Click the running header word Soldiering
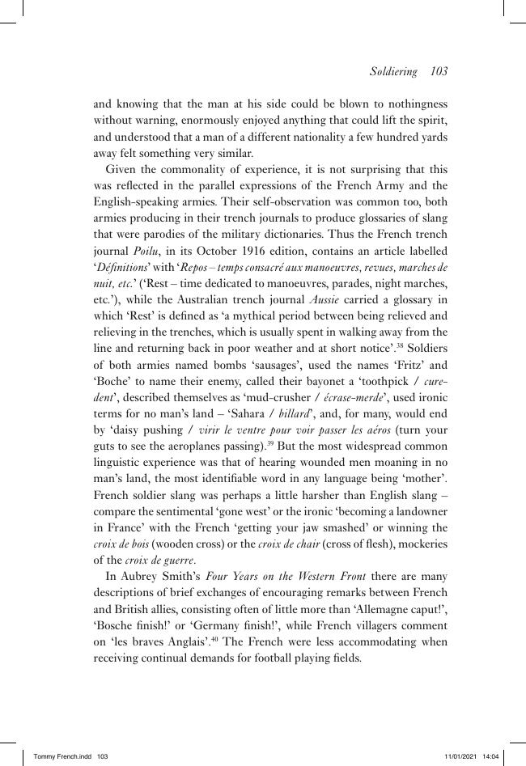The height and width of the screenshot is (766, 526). pos(392,71)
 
